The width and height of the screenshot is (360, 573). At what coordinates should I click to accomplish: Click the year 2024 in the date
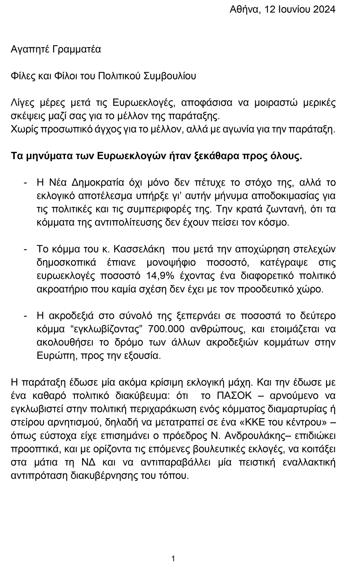click(x=322, y=10)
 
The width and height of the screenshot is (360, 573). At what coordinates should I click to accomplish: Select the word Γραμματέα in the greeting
click(x=77, y=49)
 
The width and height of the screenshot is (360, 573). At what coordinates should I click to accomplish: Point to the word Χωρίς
click(x=23, y=129)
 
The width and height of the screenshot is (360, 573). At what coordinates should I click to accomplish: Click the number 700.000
click(x=166, y=329)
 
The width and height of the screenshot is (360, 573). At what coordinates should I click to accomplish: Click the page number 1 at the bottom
click(x=173, y=558)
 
